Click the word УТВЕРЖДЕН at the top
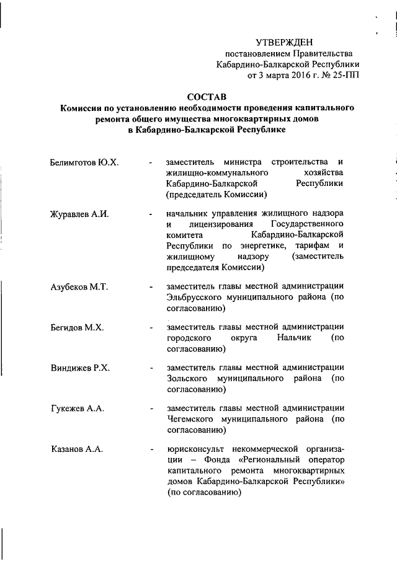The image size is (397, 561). [x=287, y=42]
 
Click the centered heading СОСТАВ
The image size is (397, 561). [x=207, y=97]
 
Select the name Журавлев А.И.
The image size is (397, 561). [x=79, y=214]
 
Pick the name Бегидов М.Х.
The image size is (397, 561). [x=77, y=327]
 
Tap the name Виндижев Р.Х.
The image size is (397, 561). [x=80, y=368]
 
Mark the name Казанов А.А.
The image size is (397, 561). [x=77, y=448]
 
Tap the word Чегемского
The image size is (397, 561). [x=190, y=419]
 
